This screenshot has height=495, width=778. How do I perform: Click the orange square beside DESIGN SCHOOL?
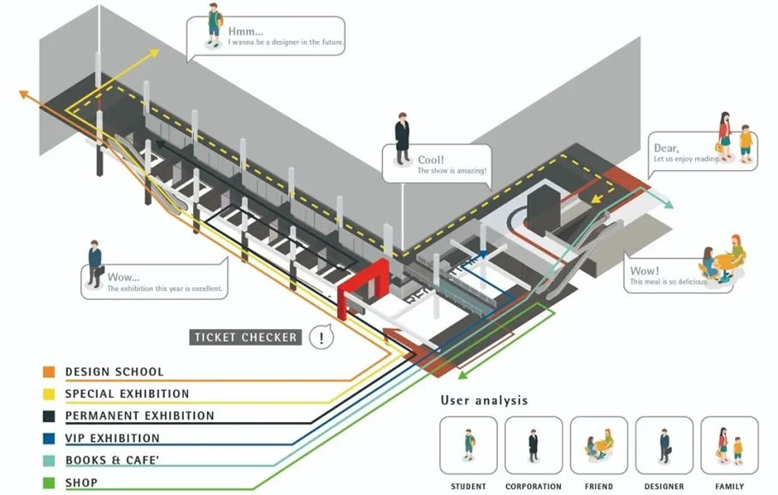[49, 372]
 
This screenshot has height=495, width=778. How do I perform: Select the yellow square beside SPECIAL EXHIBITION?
[49, 394]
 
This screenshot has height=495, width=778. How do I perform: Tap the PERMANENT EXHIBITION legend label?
[140, 416]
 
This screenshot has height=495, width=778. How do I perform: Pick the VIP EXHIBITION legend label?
[112, 439]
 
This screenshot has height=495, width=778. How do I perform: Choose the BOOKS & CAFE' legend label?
[112, 461]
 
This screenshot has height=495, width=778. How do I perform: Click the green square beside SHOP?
[49, 483]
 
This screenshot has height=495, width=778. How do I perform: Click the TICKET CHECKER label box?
[245, 337]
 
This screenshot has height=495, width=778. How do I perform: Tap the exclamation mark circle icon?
[321, 337]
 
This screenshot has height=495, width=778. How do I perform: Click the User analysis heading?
[484, 400]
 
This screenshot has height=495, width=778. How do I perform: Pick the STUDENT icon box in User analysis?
[469, 445]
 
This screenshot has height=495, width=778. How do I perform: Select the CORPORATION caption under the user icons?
[533, 487]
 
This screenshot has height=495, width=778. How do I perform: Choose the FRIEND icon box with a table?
[599, 445]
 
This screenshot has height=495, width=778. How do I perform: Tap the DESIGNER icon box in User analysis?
[664, 445]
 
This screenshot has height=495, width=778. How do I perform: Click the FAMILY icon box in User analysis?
[729, 445]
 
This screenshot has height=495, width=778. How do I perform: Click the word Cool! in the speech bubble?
[432, 160]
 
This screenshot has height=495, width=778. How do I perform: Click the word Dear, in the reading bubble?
[665, 148]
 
